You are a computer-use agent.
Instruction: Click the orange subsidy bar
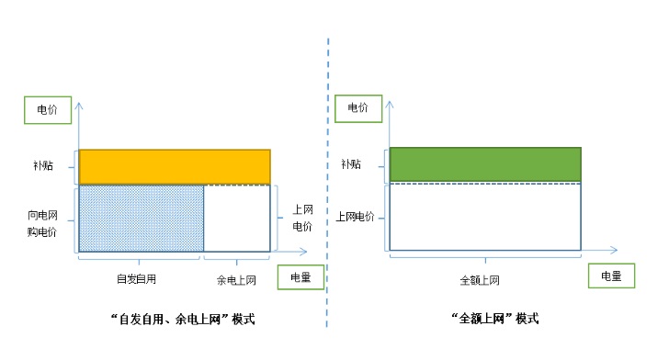pos(175,166)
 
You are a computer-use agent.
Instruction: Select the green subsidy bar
pos(485,163)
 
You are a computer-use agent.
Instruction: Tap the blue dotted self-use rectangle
pos(142,218)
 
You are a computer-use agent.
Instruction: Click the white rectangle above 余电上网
pos(237,218)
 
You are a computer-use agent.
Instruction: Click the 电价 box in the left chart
pos(46,108)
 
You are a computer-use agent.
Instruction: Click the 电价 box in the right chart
pos(357,107)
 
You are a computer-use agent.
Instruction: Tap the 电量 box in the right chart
pos(611,276)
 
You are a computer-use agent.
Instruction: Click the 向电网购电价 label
pos(42,223)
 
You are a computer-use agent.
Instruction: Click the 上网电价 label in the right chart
pos(357,217)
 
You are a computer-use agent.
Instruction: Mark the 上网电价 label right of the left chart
pos(301,218)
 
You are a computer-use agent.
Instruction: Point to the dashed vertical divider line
pos(328,184)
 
